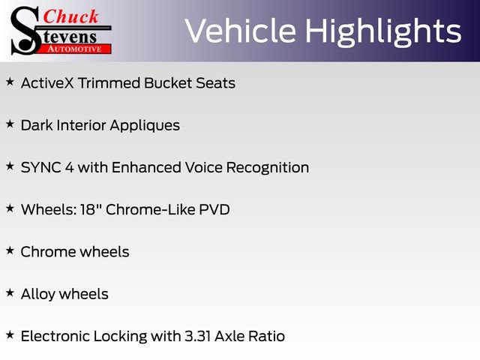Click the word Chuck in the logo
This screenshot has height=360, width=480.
coord(72,16)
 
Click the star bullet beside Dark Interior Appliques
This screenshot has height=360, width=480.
coord(10,123)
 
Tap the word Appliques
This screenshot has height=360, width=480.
coord(145,125)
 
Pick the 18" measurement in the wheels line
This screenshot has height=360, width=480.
coord(90,209)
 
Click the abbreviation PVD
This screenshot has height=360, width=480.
coord(212,209)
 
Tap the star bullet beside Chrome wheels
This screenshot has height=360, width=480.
coord(10,250)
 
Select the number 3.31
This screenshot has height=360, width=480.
coord(198,336)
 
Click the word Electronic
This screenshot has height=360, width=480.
coord(58,336)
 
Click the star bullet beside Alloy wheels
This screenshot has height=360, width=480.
coord(10,292)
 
